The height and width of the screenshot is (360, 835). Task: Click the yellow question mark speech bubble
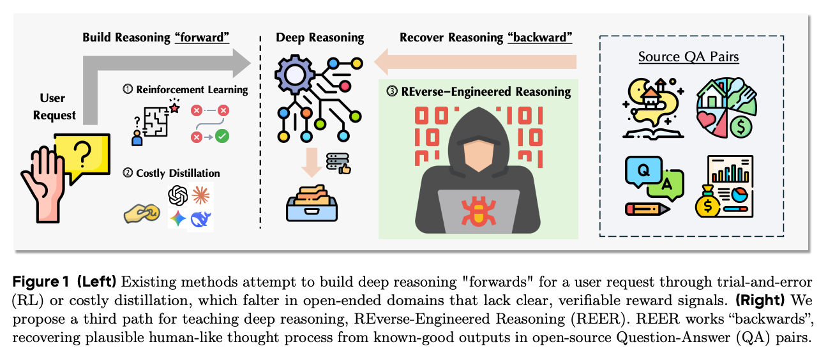[81, 156]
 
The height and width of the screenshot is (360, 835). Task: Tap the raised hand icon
[45, 184]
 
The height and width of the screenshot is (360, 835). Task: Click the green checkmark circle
[222, 136]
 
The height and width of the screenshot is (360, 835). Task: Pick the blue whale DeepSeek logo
[201, 219]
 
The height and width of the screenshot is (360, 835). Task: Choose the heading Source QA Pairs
[688, 57]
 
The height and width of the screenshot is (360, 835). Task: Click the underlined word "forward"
[202, 38]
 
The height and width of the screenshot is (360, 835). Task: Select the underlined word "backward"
[539, 38]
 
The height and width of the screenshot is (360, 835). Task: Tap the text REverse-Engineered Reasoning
[486, 91]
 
